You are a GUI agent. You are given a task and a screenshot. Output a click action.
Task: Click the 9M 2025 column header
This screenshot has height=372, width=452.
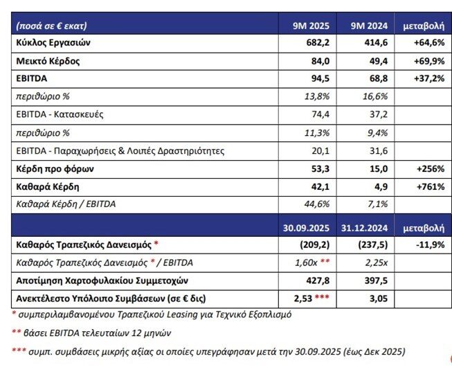pos(311,26)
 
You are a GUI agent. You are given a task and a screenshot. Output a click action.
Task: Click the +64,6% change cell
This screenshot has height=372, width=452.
pos(422,43)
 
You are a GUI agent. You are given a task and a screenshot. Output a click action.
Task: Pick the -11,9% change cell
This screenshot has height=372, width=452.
pos(422,245)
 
